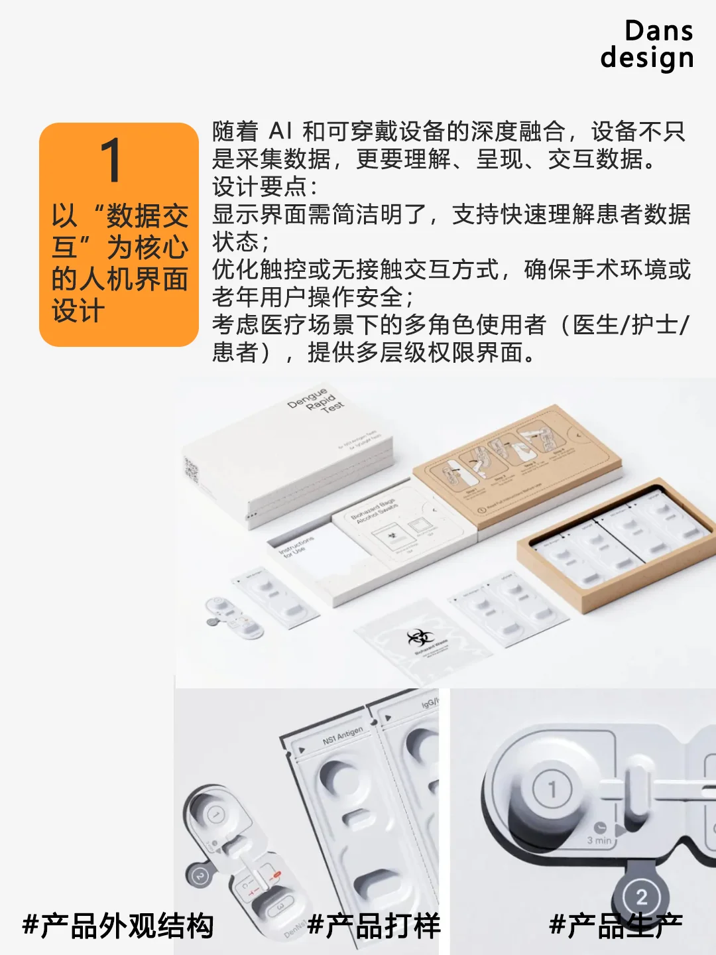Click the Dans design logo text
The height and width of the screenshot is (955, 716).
(647, 44)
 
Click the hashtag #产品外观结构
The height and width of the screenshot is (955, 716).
(118, 926)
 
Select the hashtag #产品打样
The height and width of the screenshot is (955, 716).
(374, 926)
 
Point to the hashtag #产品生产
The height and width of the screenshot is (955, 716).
(616, 926)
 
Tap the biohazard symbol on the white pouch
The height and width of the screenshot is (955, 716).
(419, 638)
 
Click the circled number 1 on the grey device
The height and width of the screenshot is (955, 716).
(552, 789)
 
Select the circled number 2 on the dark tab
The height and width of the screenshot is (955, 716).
(641, 897)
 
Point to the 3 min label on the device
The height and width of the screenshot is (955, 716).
(599, 840)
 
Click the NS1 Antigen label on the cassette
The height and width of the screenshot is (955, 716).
(343, 735)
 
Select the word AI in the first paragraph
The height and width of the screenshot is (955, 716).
(280, 131)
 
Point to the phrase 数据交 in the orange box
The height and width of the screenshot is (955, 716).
(147, 216)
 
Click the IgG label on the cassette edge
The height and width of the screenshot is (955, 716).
(429, 703)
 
